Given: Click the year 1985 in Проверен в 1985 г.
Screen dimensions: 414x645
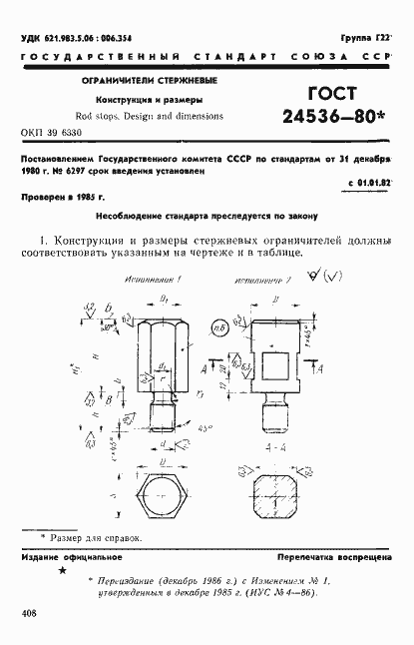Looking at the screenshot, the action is coord(84,199).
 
